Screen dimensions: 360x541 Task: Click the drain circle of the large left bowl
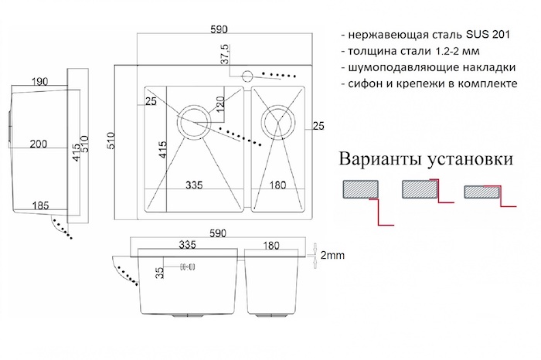pos(194,121)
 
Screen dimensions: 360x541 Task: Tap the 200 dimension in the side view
pos(39,144)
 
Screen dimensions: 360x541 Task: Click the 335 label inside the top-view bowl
pos(193,185)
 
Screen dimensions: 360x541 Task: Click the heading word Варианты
pos(378,160)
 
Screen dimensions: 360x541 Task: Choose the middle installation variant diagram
pos(422,193)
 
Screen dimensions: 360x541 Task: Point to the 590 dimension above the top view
pos(219,29)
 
